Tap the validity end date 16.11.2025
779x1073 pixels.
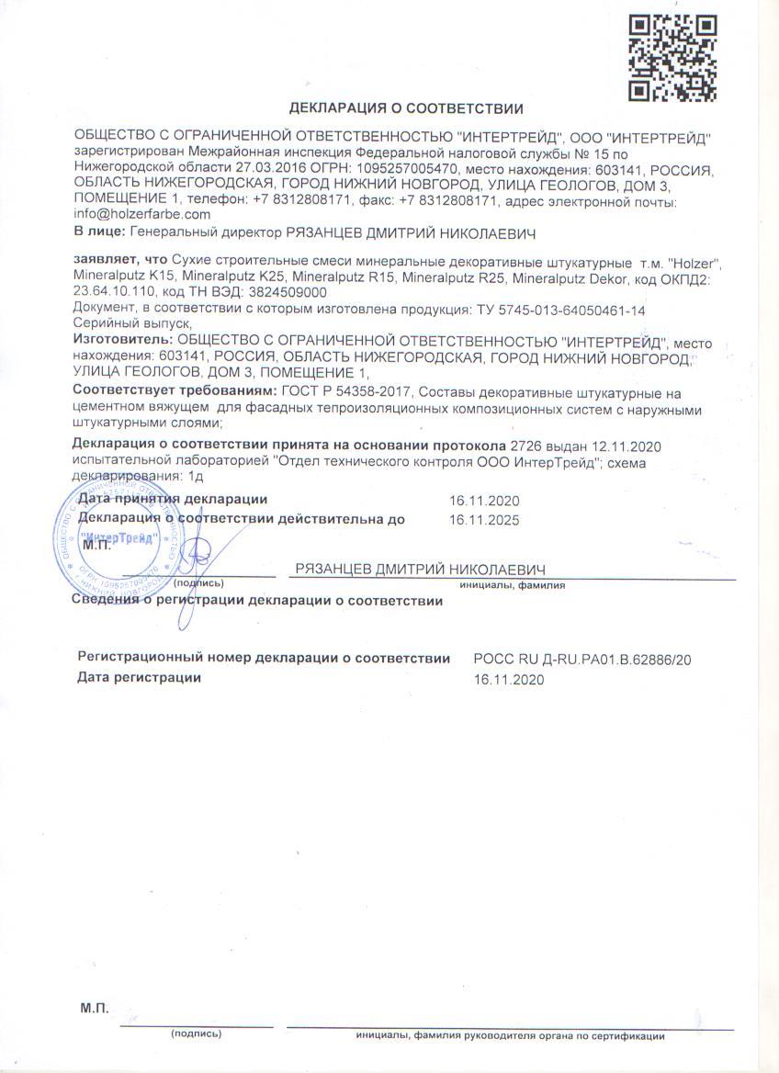tap(484, 520)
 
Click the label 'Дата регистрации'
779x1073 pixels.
tap(139, 678)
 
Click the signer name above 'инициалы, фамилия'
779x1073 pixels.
tap(421, 569)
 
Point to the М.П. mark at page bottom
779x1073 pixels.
tap(95, 1009)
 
